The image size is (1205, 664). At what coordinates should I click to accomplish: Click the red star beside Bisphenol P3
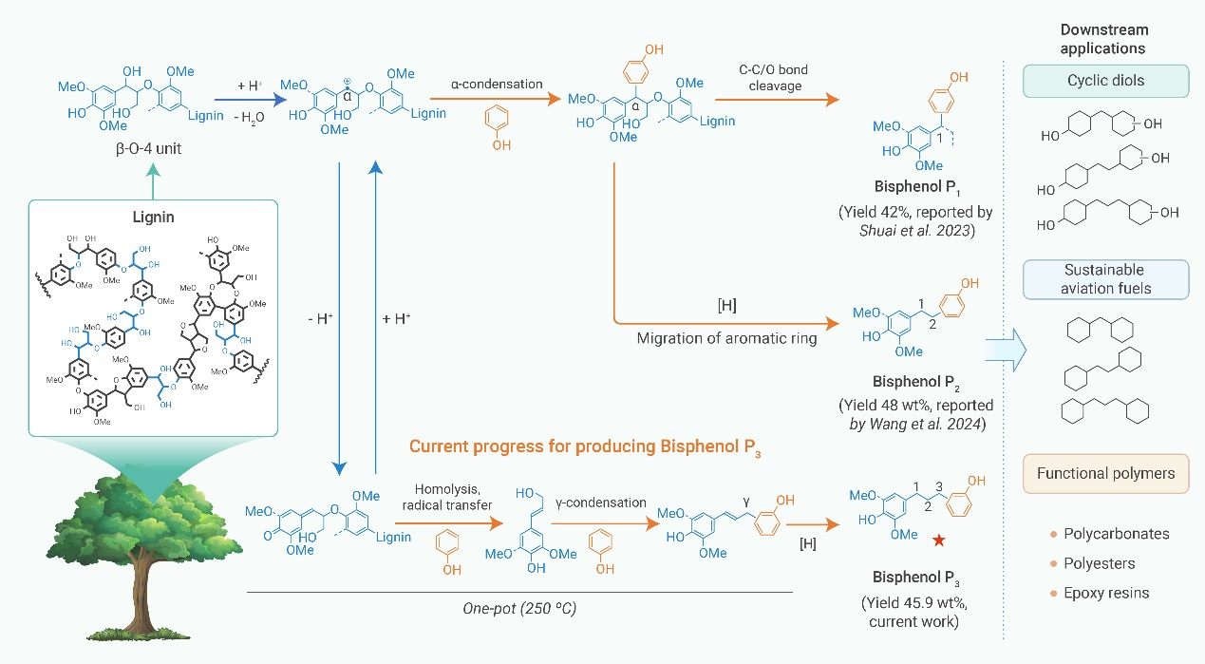pyautogui.click(x=938, y=541)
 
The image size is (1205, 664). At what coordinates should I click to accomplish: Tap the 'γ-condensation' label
pyautogui.click(x=595, y=502)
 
